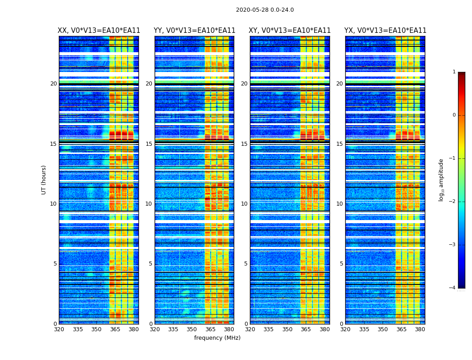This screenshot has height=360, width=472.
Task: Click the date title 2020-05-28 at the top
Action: pos(265,10)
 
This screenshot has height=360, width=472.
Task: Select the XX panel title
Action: pos(99,31)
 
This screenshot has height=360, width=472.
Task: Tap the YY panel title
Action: pos(194,31)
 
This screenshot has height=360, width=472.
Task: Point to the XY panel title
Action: pos(290,31)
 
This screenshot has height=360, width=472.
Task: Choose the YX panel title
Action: pos(385,31)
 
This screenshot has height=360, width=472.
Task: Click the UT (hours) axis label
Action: pos(44,180)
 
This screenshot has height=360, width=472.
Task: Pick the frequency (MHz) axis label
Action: pos(217,338)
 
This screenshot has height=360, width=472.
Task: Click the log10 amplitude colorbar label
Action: pos(441,180)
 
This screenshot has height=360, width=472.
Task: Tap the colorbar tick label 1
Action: pos(454,72)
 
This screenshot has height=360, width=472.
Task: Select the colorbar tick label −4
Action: pos(453,288)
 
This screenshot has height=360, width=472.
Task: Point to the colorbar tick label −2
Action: pos(453,202)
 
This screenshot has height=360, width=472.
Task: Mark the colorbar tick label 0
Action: pos(454,115)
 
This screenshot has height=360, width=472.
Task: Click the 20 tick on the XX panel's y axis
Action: pos(53,84)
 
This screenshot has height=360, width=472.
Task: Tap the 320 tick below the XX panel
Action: pos(59,329)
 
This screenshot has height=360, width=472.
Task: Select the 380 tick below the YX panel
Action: pos(420,329)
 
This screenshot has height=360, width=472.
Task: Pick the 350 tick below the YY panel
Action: pos(192,329)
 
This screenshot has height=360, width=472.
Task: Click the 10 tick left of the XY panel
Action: pos(244,204)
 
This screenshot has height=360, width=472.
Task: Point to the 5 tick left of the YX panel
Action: pos(341,264)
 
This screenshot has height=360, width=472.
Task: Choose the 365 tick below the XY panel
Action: pos(306,329)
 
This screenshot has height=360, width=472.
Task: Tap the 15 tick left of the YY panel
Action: pos(149,144)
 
